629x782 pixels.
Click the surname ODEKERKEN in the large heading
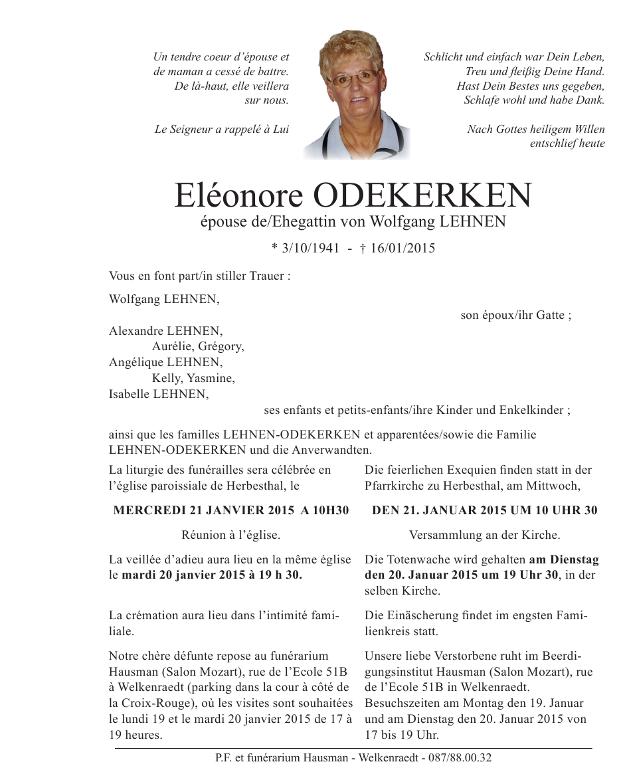point(422,195)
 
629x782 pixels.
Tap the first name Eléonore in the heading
point(238,195)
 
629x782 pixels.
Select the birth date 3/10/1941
point(310,248)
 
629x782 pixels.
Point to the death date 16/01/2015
point(403,248)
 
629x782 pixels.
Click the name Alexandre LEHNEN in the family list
point(166,331)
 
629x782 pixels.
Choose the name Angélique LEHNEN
point(166,362)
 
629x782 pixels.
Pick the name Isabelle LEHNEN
point(159,394)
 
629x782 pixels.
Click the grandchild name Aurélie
point(172,346)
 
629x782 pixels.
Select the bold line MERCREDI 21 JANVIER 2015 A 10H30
point(231,510)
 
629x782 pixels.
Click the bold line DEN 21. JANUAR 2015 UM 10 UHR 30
point(484,510)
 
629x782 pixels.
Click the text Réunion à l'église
point(230,535)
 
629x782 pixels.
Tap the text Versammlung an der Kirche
point(484,535)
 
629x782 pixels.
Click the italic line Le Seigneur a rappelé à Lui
point(222,130)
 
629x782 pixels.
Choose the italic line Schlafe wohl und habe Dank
point(534,100)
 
